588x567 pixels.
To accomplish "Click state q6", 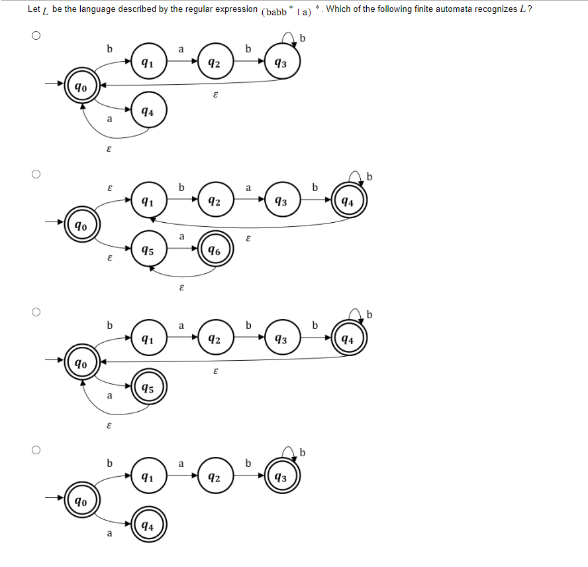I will pos(215,251).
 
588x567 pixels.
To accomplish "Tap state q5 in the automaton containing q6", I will pos(148,251).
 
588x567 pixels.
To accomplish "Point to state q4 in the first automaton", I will pos(148,112).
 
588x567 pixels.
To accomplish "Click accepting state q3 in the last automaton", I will pos(281,477).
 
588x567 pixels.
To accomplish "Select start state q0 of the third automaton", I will pos(80,363).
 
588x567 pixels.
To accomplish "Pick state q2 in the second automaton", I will pos(215,202).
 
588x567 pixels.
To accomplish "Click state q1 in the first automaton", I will pos(148,63).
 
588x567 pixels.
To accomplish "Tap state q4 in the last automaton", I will pos(148,527).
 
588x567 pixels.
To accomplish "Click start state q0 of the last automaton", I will pos(80,500).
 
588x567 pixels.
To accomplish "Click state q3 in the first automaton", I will pos(281,63).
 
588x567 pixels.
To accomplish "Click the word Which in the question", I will pos(338,9).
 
